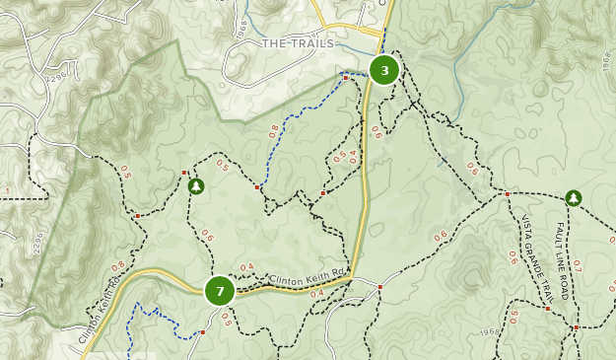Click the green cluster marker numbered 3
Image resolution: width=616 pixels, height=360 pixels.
(384, 70)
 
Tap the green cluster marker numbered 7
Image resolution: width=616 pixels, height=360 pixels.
(219, 290)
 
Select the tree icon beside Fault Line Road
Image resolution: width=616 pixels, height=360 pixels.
(573, 198)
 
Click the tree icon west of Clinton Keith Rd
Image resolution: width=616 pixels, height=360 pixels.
(195, 184)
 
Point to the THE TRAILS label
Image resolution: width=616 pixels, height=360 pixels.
(299, 43)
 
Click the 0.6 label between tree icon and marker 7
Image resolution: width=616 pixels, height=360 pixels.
(207, 236)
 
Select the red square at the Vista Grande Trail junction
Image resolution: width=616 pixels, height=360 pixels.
(507, 194)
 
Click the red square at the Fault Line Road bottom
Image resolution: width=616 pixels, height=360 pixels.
(577, 326)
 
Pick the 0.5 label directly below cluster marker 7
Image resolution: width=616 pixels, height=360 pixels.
(226, 319)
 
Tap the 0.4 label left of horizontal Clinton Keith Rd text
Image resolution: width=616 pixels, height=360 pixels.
(246, 267)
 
